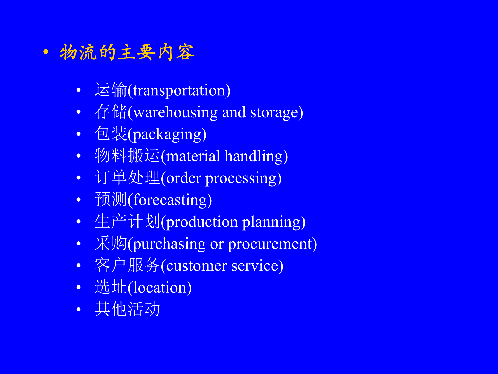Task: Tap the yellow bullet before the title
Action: point(46,52)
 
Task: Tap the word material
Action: point(193,156)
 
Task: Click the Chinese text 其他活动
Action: point(127,309)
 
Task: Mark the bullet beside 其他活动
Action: point(79,309)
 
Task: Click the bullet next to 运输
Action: point(79,90)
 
